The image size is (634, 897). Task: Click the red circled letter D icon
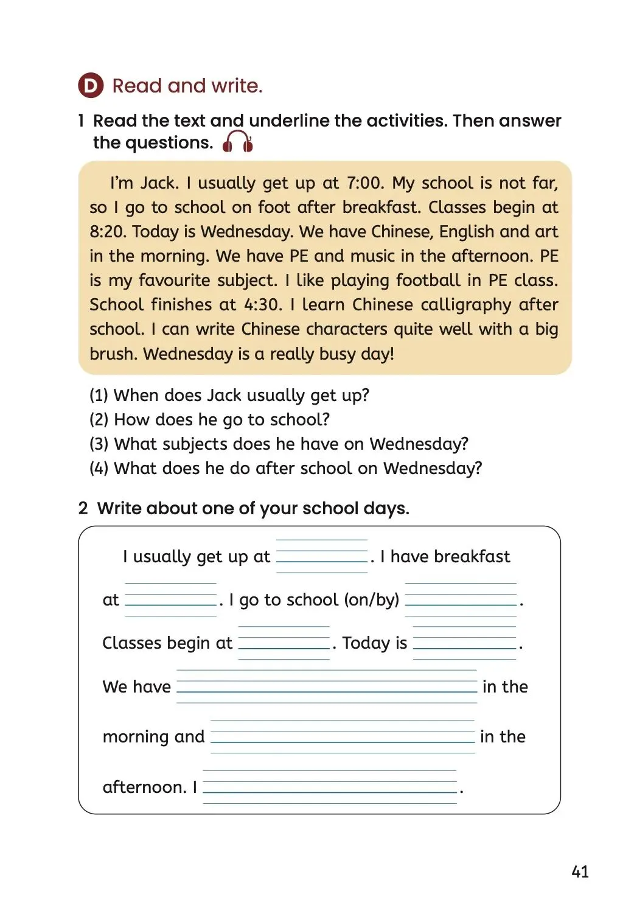[x=91, y=86]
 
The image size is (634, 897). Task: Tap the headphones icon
[x=237, y=142]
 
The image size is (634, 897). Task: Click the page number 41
[x=580, y=871]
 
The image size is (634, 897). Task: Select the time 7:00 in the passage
[x=365, y=183]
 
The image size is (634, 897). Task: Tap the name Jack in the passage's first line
[x=159, y=183]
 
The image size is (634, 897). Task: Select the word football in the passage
[x=428, y=281]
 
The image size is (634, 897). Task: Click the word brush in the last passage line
[x=113, y=354]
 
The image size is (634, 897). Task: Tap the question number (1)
[x=99, y=396]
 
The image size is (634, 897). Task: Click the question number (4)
[x=99, y=469]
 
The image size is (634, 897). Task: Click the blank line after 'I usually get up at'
[x=322, y=556]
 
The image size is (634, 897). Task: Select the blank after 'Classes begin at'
[x=284, y=643]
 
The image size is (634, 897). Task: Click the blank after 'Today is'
[x=464, y=643]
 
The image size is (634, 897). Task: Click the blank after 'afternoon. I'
[x=329, y=787]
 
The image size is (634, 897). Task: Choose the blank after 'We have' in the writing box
[x=327, y=686]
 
